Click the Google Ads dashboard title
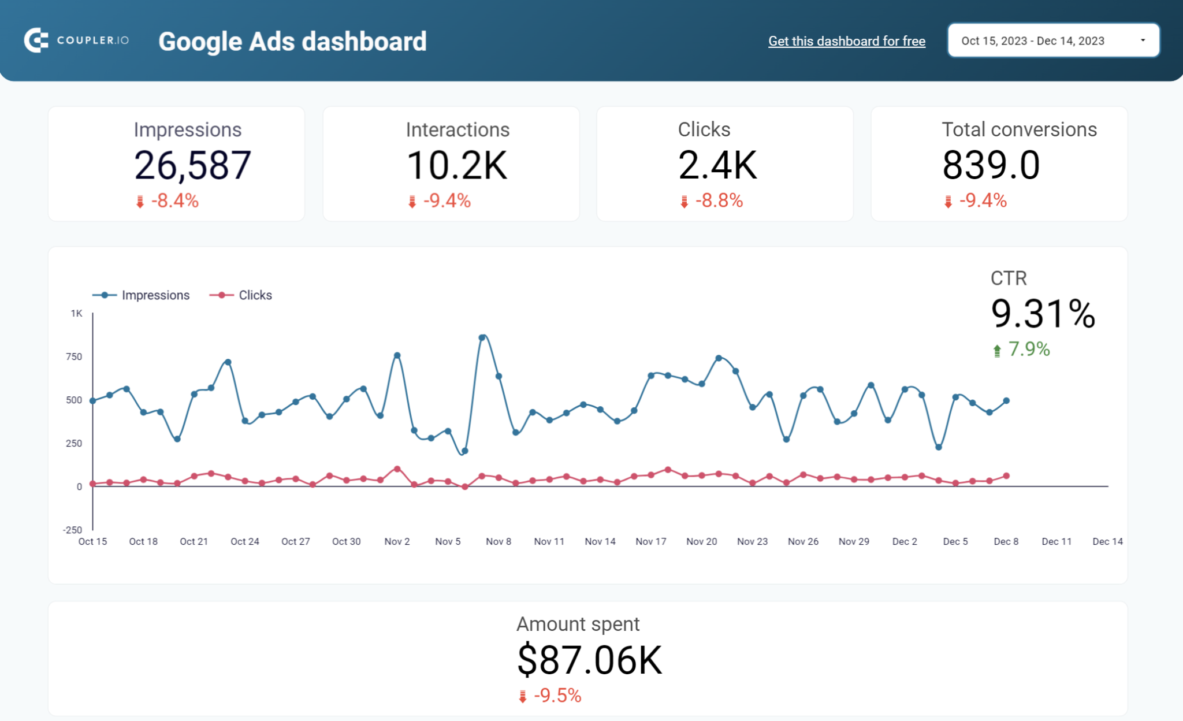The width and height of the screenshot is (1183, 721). pos(292,42)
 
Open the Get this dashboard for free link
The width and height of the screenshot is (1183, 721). pos(846,41)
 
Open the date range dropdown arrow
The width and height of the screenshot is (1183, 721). pos(1142,40)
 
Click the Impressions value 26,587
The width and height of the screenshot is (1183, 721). pos(192,165)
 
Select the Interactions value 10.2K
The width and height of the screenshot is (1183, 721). pos(456,165)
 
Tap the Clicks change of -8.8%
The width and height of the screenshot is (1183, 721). pos(718,200)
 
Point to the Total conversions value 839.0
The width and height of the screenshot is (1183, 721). pos(991,165)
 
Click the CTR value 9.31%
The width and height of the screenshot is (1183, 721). pos(1043,314)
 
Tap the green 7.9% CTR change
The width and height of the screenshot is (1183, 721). pos(1028,349)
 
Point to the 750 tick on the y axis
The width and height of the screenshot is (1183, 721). pos(74,356)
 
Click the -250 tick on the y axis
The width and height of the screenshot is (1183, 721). pos(72,530)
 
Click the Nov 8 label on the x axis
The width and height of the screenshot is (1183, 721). pos(498,541)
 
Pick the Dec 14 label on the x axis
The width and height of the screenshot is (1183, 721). pos(1107,541)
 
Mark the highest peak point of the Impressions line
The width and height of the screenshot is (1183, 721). pos(482,337)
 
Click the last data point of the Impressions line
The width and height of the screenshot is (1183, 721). pos(1006,400)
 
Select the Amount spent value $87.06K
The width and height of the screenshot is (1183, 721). pos(589,660)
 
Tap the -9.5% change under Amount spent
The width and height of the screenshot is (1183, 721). pos(557,696)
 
